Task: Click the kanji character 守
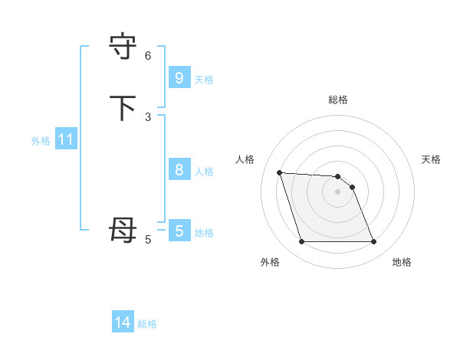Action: point(123,47)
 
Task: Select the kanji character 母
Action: point(123,231)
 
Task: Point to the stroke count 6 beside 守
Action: point(148,55)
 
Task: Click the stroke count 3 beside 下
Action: point(148,116)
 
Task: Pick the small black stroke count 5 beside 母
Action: point(148,239)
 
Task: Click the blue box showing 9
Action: point(179,77)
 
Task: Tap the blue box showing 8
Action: point(179,170)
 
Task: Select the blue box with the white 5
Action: point(179,231)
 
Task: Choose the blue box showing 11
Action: point(65,140)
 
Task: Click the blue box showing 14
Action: point(123,322)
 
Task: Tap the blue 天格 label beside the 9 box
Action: point(204,80)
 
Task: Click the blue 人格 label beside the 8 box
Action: point(204,172)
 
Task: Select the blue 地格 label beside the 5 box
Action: point(204,233)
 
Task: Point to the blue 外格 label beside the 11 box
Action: point(41,141)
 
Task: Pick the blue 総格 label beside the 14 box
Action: point(147,324)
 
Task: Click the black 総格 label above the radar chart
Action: point(338,100)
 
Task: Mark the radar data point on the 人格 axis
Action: point(279,172)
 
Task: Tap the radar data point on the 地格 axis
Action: point(374,242)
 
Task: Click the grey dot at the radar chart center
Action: point(338,191)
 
